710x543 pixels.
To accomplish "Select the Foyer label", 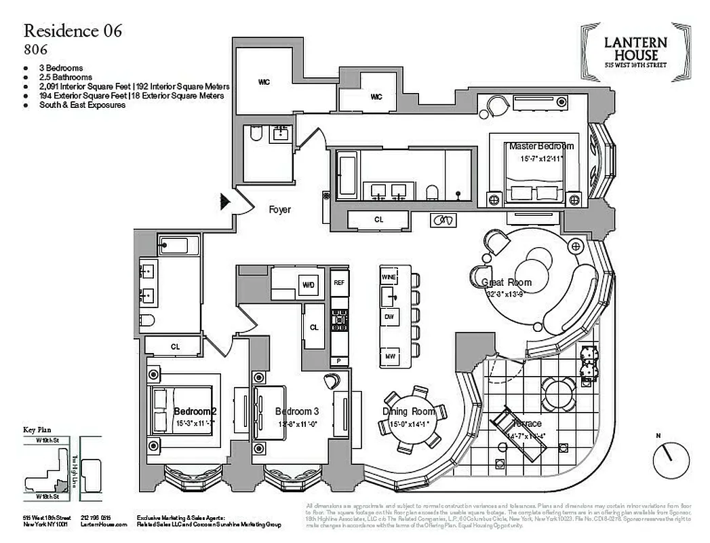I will (279, 210).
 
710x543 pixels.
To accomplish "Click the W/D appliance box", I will (309, 285).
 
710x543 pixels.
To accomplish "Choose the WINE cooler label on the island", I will (389, 278).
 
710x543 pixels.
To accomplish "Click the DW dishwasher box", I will (389, 317).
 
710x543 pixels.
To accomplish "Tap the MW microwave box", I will (389, 356).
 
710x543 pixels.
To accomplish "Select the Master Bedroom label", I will (541, 146).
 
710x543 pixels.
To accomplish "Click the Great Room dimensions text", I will (507, 295).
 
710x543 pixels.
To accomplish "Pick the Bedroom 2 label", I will (195, 411).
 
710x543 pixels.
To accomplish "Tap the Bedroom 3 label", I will (296, 411).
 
